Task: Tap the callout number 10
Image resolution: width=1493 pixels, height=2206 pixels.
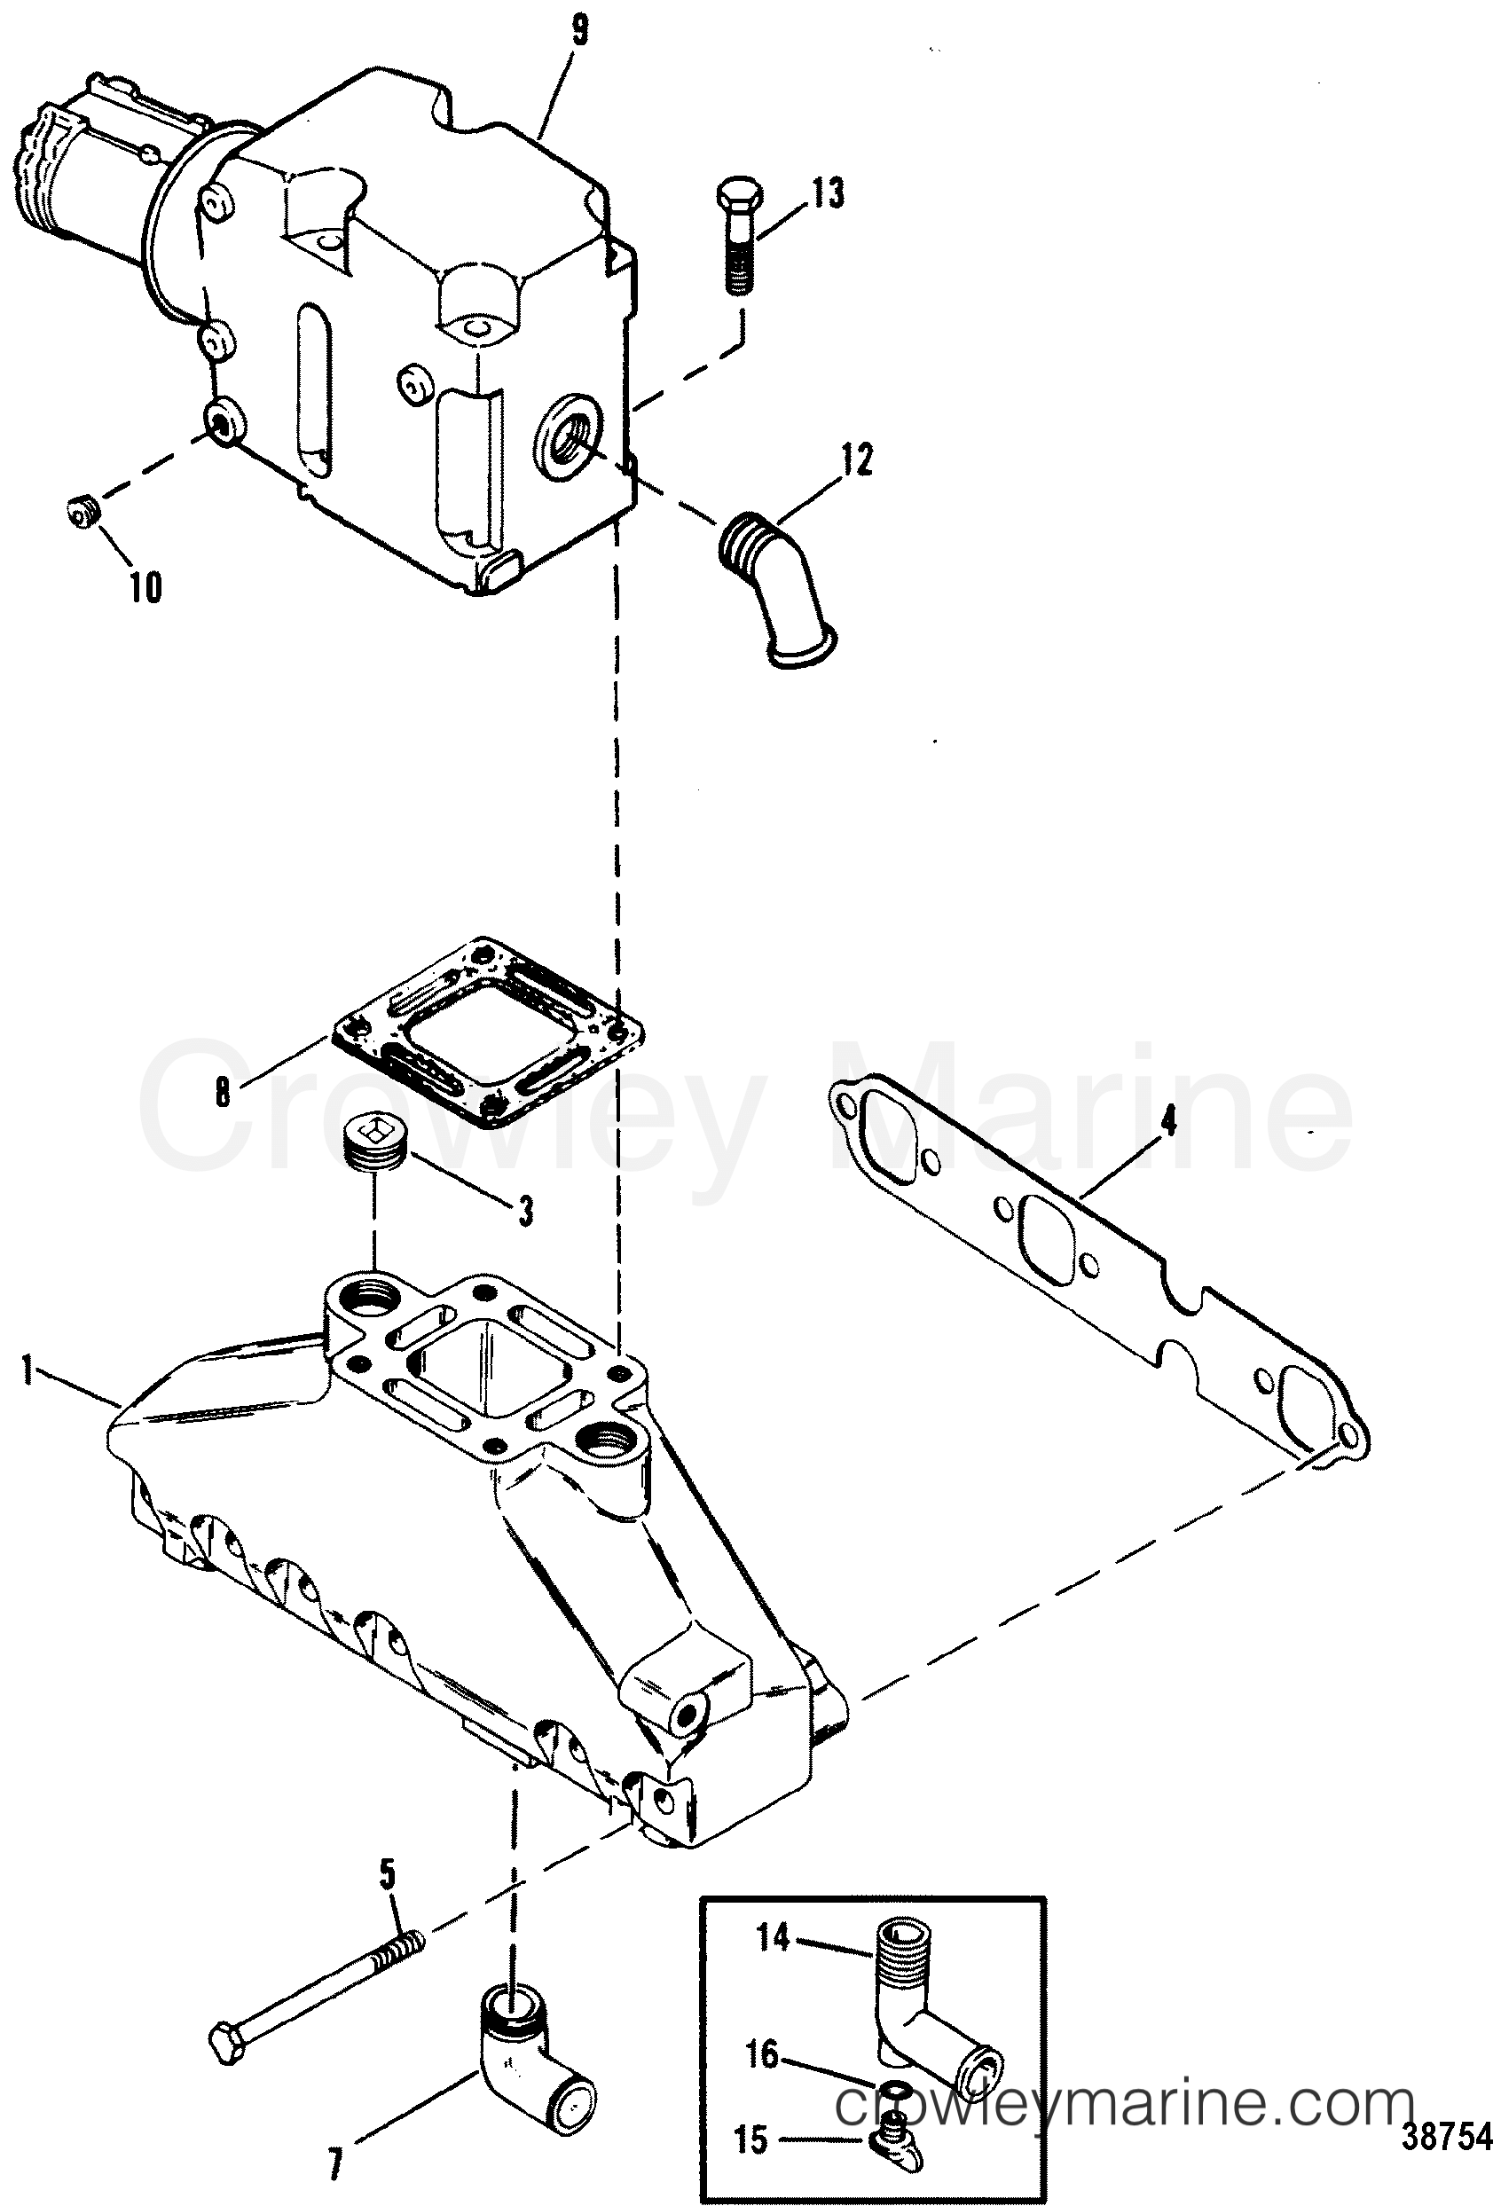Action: click(145, 587)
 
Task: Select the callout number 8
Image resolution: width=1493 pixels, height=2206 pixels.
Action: click(222, 1092)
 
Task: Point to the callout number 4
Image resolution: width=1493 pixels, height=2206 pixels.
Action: click(1169, 1121)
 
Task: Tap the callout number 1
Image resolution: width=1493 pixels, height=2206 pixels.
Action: click(28, 1370)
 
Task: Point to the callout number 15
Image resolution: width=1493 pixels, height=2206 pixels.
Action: click(750, 2140)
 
